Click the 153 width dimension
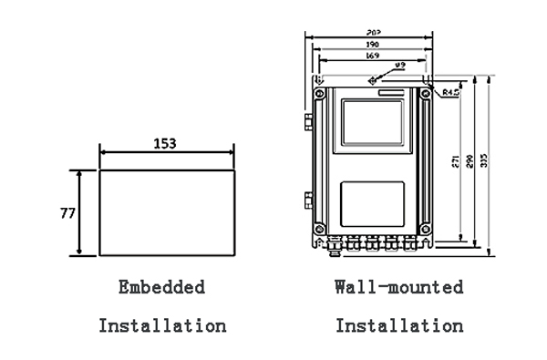click(x=165, y=143)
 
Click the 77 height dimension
click(x=67, y=213)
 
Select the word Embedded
click(x=161, y=287)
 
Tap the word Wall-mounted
click(x=398, y=287)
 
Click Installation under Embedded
click(x=161, y=324)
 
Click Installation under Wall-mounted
click(x=398, y=324)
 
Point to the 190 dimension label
click(x=373, y=44)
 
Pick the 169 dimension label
click(x=373, y=56)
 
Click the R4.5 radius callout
click(x=449, y=93)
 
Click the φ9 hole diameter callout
click(x=400, y=67)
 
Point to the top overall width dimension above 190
click(x=373, y=33)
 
